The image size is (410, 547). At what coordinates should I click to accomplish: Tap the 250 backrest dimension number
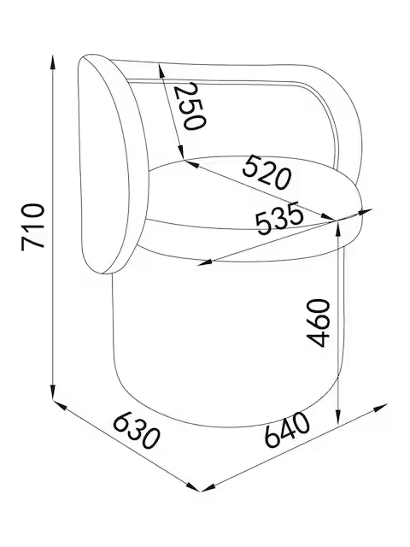(190, 107)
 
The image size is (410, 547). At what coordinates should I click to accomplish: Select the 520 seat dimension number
(266, 173)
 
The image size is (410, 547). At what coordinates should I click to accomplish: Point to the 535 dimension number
(279, 218)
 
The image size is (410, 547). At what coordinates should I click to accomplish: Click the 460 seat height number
(318, 323)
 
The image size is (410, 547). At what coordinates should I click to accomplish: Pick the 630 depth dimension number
(137, 431)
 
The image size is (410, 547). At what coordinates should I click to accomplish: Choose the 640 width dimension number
(287, 429)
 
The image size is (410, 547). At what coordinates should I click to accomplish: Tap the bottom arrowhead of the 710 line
(53, 391)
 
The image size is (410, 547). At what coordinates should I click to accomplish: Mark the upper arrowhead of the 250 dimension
(161, 70)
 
